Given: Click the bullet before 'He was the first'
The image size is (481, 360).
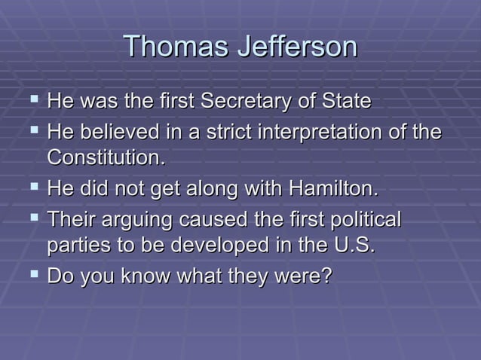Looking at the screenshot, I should click(31, 101).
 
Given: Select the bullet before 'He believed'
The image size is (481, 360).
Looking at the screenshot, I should click(31, 132).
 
